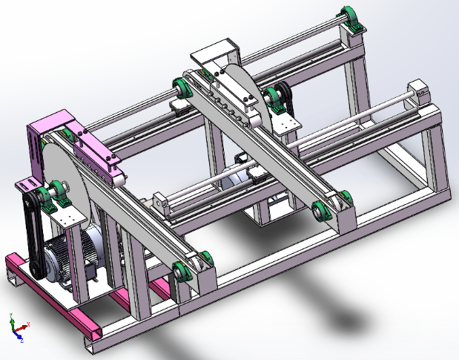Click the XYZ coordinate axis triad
click(16, 327)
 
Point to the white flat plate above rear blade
click(215, 55)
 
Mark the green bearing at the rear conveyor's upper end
click(181, 90)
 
